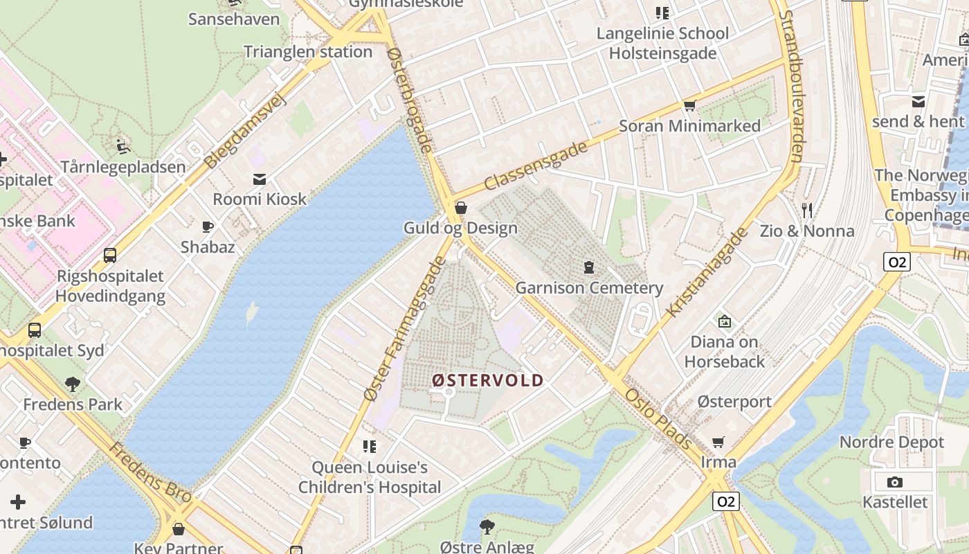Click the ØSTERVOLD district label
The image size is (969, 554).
(x=488, y=380)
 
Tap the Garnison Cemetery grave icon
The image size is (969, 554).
(x=589, y=267)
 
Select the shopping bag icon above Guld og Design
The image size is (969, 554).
(x=460, y=207)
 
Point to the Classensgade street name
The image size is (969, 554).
(x=536, y=166)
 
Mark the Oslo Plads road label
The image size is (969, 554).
(x=658, y=418)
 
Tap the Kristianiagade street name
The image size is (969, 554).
(x=707, y=272)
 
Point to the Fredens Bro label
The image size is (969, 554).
(x=149, y=472)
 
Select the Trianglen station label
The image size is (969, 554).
(x=308, y=52)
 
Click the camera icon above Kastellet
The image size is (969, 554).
(x=894, y=482)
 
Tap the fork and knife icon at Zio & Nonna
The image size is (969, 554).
(x=807, y=210)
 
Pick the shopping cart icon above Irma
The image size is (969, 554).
(x=718, y=442)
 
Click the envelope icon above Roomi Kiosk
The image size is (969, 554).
(x=260, y=179)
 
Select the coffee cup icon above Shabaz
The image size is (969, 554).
(x=207, y=226)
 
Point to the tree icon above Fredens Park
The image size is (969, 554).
(x=72, y=384)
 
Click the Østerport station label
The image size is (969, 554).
(x=734, y=402)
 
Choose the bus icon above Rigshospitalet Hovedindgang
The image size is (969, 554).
(x=110, y=256)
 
